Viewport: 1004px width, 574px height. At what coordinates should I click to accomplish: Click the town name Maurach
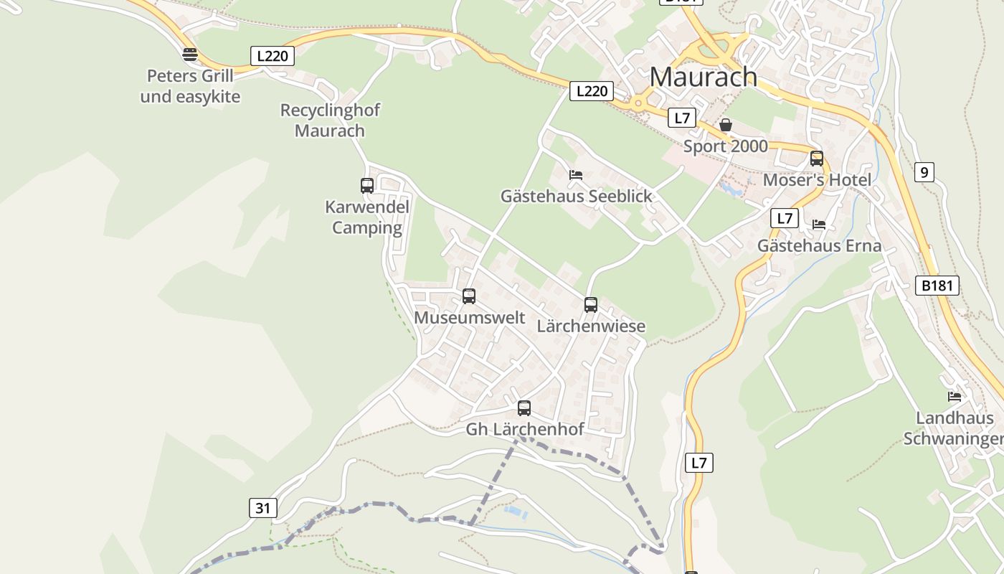[703, 76]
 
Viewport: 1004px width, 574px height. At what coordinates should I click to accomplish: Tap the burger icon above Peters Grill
[190, 54]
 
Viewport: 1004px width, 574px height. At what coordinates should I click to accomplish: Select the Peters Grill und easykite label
[190, 86]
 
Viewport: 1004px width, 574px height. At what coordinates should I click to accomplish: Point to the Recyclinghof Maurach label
[330, 121]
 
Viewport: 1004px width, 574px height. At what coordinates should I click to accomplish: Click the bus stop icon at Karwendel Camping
[367, 186]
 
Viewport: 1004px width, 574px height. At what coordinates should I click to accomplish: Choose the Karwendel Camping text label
[367, 217]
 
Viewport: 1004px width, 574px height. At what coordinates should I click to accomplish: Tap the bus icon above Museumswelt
[469, 296]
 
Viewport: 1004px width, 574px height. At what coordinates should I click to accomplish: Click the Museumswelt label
[470, 317]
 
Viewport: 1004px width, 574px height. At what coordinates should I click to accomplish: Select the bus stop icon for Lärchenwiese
[591, 305]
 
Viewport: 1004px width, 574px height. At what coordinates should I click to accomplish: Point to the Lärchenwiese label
[591, 326]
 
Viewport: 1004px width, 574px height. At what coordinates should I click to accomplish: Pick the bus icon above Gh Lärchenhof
[524, 408]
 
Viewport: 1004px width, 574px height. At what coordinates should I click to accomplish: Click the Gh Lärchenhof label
[525, 429]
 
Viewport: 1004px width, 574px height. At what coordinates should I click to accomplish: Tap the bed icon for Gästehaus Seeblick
[575, 174]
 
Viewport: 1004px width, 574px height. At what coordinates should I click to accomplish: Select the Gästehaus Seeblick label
[577, 196]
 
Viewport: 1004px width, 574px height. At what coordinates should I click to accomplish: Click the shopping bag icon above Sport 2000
[726, 125]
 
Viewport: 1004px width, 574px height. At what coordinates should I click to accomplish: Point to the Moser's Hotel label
[817, 180]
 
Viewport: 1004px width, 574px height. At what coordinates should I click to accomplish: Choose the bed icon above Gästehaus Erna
[819, 225]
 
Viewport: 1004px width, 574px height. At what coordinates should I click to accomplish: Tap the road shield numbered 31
[263, 508]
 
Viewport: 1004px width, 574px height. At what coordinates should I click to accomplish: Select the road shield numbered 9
[924, 172]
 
